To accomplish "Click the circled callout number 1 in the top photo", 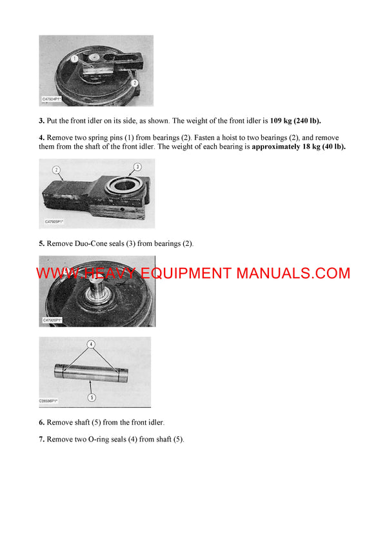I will coord(75,58).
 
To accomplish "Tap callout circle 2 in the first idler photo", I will coord(134,83).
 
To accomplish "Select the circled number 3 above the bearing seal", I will coord(136,167).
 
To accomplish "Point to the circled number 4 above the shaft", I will coord(91,344).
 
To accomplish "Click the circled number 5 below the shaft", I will coord(92,398).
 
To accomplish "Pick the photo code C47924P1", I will coord(52,99).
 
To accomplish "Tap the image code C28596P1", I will coord(49,401).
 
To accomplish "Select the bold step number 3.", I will coord(41,121).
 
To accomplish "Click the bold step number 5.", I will coord(41,244).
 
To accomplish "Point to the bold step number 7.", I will coord(41,440).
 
